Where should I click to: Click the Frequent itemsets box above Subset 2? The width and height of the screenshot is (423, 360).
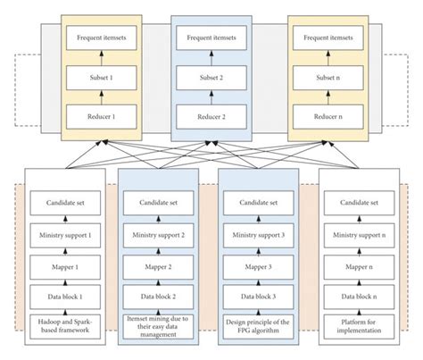[212, 39]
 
